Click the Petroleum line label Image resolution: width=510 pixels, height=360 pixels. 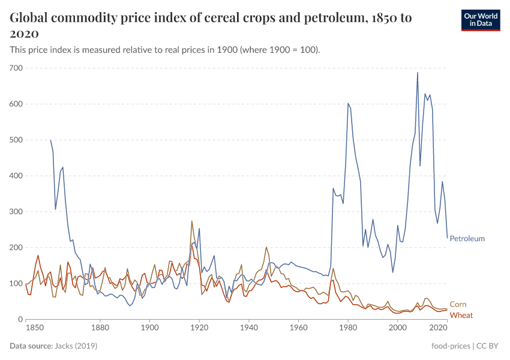(467, 238)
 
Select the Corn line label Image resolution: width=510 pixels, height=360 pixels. (458, 304)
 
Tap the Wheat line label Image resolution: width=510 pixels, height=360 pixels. (461, 315)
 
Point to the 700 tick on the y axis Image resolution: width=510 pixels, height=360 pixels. (16, 68)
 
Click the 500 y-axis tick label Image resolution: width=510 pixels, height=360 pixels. (16, 140)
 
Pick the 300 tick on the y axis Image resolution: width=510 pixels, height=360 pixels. (16, 212)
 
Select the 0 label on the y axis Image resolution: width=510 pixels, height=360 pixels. (20, 319)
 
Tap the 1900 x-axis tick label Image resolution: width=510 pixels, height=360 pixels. (149, 328)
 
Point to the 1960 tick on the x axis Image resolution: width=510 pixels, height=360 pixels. (298, 328)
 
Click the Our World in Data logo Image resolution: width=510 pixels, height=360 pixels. (480, 20)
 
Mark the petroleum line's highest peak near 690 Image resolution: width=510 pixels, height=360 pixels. (418, 73)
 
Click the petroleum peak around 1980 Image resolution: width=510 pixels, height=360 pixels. (348, 103)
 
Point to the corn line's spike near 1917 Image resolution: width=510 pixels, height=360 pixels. (192, 221)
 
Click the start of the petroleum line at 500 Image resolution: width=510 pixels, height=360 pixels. (50, 140)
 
